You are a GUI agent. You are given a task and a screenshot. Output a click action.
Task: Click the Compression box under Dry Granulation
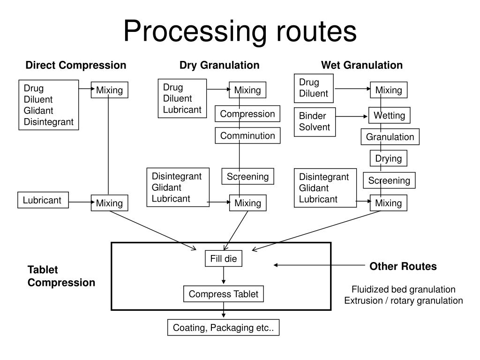(x=247, y=113)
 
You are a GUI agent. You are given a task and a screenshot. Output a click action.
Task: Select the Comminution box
(x=247, y=135)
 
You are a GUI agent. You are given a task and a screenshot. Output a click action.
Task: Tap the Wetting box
(x=389, y=115)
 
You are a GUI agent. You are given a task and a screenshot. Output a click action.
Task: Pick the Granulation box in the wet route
(x=390, y=136)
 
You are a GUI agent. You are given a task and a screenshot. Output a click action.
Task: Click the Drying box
(x=389, y=158)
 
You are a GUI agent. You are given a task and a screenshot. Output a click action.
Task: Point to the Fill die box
(x=224, y=258)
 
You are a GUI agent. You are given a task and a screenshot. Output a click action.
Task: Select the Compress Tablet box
(x=224, y=294)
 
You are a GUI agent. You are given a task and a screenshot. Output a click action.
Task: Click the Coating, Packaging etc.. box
(x=223, y=328)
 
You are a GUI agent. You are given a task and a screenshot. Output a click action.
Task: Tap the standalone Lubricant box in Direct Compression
(x=43, y=200)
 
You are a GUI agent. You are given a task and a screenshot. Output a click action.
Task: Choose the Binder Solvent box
(x=315, y=122)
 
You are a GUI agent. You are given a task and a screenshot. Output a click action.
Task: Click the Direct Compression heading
(x=76, y=65)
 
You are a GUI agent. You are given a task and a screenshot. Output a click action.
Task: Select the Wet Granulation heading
(x=362, y=65)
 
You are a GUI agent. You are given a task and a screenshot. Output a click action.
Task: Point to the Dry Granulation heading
(x=219, y=65)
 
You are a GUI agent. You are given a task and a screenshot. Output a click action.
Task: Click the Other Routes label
(x=403, y=266)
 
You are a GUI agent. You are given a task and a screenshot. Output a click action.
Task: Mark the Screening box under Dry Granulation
(x=247, y=176)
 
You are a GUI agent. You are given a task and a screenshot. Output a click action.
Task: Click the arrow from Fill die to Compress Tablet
(x=224, y=275)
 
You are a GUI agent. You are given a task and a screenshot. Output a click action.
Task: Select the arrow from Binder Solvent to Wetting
(x=352, y=116)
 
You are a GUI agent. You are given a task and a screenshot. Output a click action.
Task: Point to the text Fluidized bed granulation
(x=403, y=289)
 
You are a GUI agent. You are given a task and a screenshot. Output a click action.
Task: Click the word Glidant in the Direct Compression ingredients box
(x=38, y=110)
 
